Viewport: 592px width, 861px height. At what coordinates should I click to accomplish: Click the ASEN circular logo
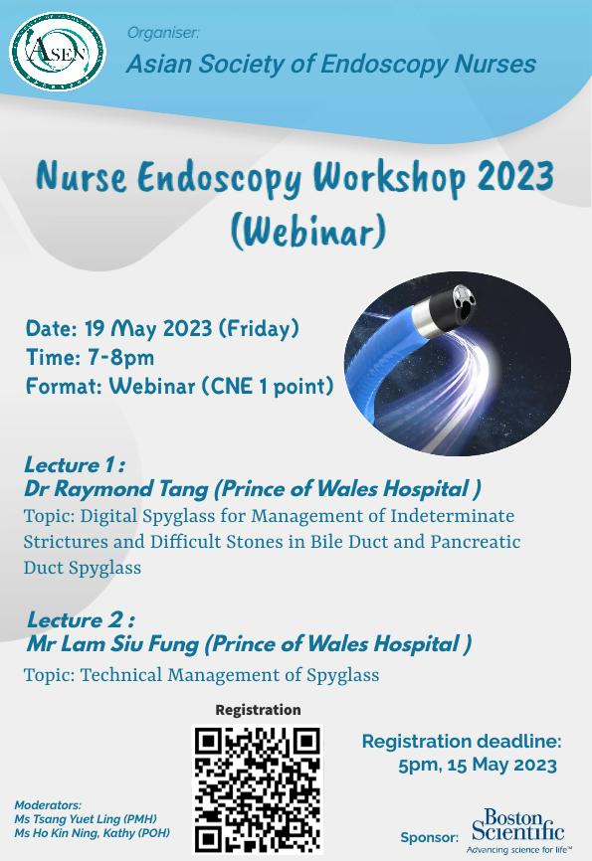(x=57, y=51)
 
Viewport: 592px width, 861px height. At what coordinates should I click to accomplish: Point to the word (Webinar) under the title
(x=307, y=232)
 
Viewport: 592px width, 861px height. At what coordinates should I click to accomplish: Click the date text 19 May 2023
(x=148, y=328)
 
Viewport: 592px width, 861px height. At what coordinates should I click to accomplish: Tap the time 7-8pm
(x=121, y=358)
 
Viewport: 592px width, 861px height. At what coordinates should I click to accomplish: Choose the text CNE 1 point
(x=267, y=386)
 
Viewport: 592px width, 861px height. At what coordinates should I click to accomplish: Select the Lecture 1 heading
(x=75, y=465)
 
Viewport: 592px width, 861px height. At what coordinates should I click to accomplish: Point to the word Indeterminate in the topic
(x=453, y=516)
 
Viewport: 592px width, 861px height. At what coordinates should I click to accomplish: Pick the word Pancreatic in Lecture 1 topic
(x=475, y=542)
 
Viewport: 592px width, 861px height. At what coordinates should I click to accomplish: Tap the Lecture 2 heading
(x=81, y=620)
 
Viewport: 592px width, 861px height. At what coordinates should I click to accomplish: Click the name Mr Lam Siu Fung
(x=112, y=644)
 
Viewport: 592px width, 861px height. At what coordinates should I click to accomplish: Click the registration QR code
(x=258, y=789)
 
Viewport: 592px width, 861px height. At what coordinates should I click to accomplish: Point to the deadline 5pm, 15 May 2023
(x=478, y=765)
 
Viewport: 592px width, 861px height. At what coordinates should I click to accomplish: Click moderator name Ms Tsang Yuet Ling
(x=86, y=819)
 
